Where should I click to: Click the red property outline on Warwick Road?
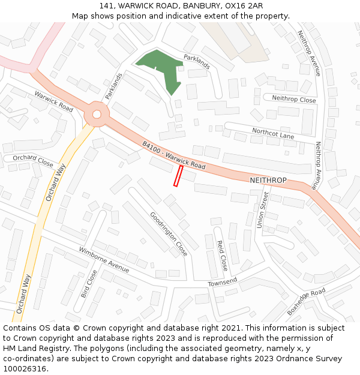coord(178,176)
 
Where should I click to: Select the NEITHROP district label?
coord(268,181)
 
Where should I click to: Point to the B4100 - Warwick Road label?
coord(174,155)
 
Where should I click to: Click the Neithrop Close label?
coord(294,99)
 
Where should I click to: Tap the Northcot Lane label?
coord(273,133)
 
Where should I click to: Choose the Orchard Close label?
coord(33,160)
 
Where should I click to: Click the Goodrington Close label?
coord(169,233)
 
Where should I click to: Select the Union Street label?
coord(262,210)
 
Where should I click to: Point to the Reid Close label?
coord(222,255)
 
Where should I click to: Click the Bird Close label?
coord(89,284)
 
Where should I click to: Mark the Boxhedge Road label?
coord(306,301)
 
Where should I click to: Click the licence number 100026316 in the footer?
coord(25,369)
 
